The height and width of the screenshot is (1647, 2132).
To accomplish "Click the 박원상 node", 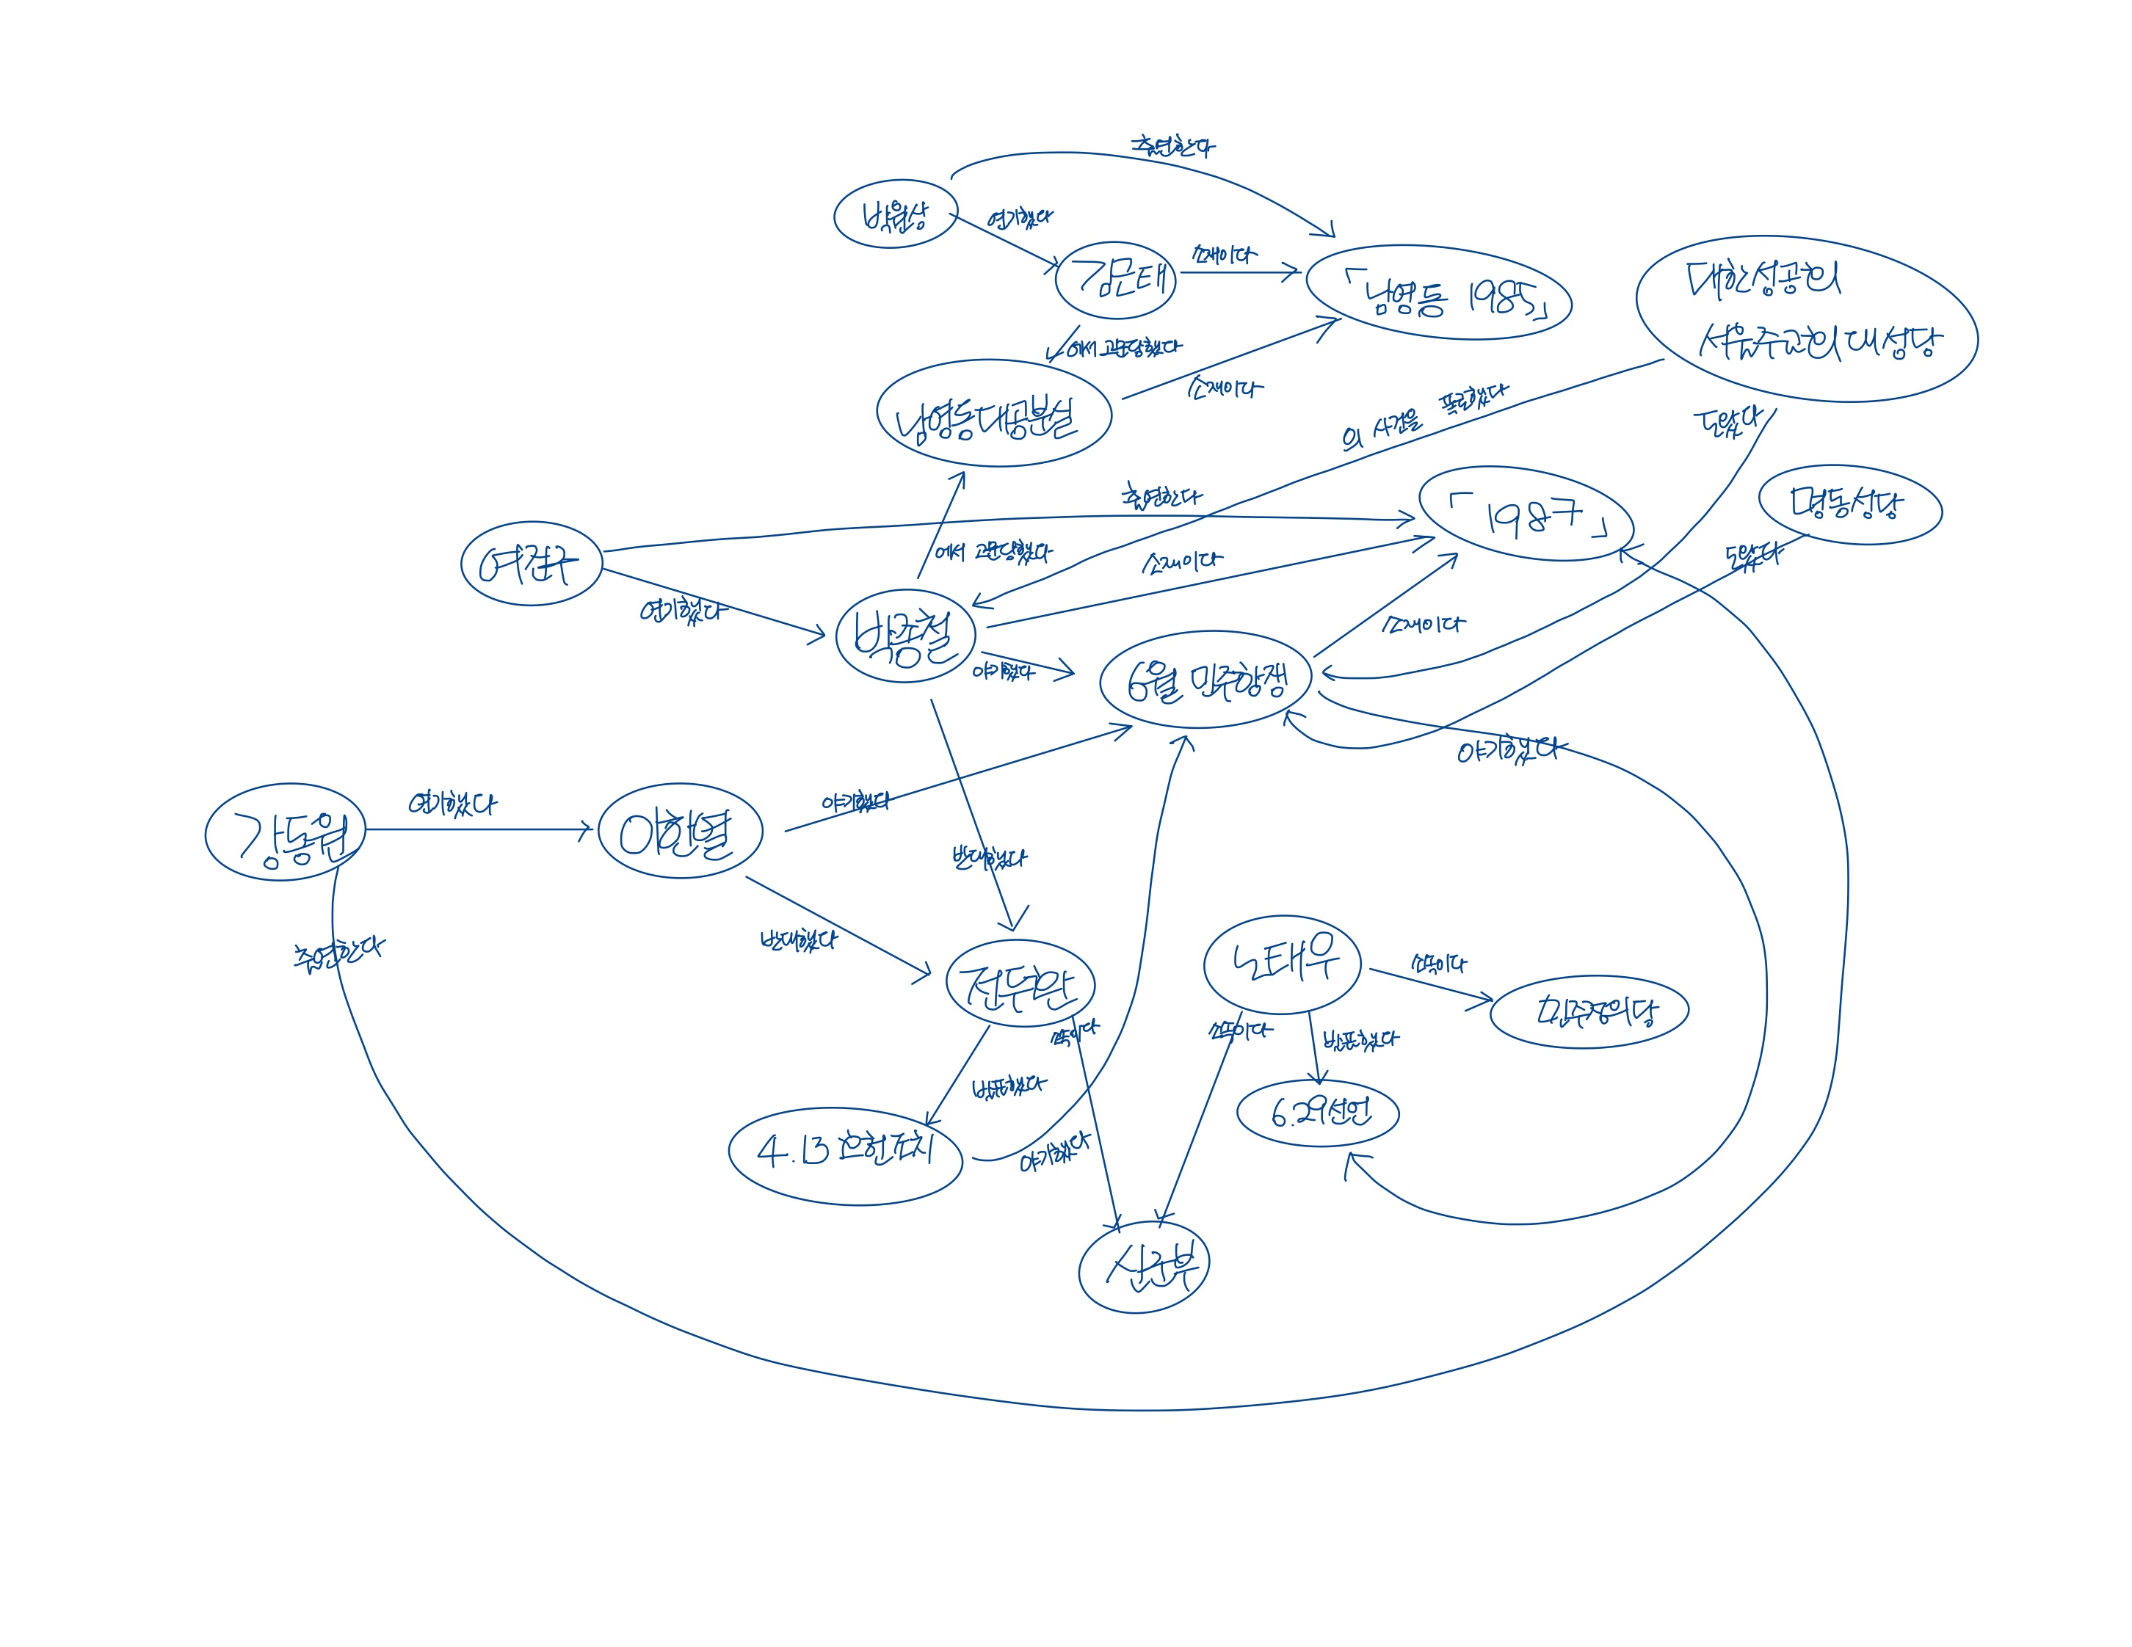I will tap(894, 214).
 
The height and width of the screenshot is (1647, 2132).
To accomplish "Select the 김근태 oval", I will tap(1116, 280).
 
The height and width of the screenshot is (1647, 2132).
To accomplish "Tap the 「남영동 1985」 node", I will tap(1438, 293).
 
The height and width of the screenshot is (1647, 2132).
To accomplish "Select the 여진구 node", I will tap(531, 563).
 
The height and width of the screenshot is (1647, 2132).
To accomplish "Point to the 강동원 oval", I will tap(285, 832).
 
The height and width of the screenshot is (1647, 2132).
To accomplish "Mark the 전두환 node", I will tap(1019, 983).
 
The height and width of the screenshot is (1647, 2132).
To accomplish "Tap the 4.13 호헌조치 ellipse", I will tap(845, 1155).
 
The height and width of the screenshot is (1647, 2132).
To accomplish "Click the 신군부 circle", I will tap(1144, 1267).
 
